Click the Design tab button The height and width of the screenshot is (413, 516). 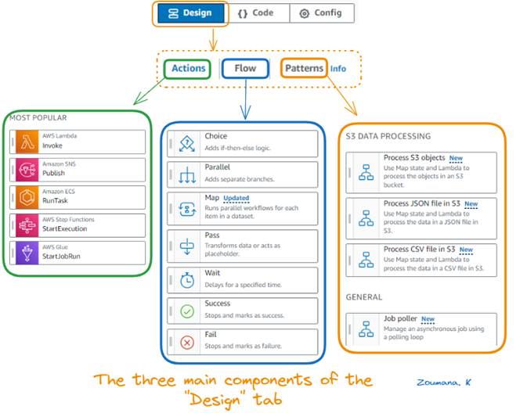[190, 13]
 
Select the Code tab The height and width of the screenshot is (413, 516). [256, 13]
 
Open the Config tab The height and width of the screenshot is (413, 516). [322, 13]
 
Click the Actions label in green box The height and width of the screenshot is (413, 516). [189, 68]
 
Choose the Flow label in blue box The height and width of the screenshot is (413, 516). [245, 68]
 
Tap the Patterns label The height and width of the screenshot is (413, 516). [304, 68]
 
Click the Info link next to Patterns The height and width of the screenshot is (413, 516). [337, 69]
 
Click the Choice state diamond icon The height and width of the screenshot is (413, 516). [187, 143]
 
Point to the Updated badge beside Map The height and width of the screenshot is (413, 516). [236, 199]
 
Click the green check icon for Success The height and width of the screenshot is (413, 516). [187, 311]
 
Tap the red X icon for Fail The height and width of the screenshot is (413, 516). [187, 342]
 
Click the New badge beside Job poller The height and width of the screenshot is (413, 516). [428, 319]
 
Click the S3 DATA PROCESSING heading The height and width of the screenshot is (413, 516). [388, 135]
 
